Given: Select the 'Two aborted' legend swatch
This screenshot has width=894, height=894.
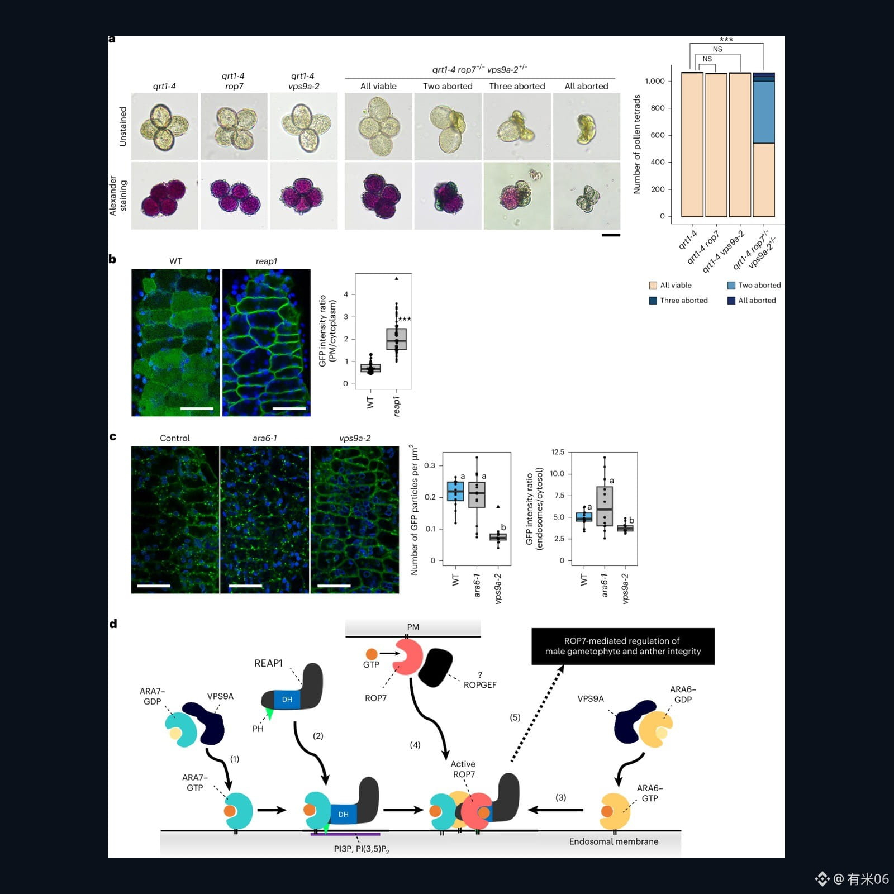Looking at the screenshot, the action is (x=731, y=286).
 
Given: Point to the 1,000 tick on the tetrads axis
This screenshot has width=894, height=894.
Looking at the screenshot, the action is (x=655, y=81).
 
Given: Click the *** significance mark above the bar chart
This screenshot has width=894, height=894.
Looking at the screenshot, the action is (x=726, y=40).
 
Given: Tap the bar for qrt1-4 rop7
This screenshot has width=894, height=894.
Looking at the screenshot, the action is (x=716, y=145).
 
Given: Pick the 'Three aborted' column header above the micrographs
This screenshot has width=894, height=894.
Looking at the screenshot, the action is (x=517, y=86).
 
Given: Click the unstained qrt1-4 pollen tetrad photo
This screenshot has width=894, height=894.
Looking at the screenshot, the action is (x=165, y=127).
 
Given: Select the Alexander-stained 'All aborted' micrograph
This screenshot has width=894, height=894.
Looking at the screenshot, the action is (x=587, y=196).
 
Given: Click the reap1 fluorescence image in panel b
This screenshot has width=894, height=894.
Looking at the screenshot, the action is (x=267, y=343).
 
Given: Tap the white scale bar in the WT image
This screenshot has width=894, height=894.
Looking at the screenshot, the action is (x=197, y=408).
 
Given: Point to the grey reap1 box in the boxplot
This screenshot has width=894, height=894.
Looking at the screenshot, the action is (x=397, y=339).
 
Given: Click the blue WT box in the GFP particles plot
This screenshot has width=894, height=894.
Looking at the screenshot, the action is (x=455, y=491).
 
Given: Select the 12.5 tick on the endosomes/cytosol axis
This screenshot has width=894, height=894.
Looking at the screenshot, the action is (x=558, y=452).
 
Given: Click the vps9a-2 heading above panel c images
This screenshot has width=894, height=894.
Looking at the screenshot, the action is (x=355, y=438).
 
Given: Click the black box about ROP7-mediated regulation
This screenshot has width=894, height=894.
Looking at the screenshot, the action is (x=623, y=646).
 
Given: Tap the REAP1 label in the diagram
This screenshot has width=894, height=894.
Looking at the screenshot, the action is (x=269, y=663).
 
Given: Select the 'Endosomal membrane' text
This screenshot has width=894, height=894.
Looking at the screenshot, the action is (x=614, y=841).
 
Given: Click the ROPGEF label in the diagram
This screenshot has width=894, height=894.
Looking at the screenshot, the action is (x=480, y=685).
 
